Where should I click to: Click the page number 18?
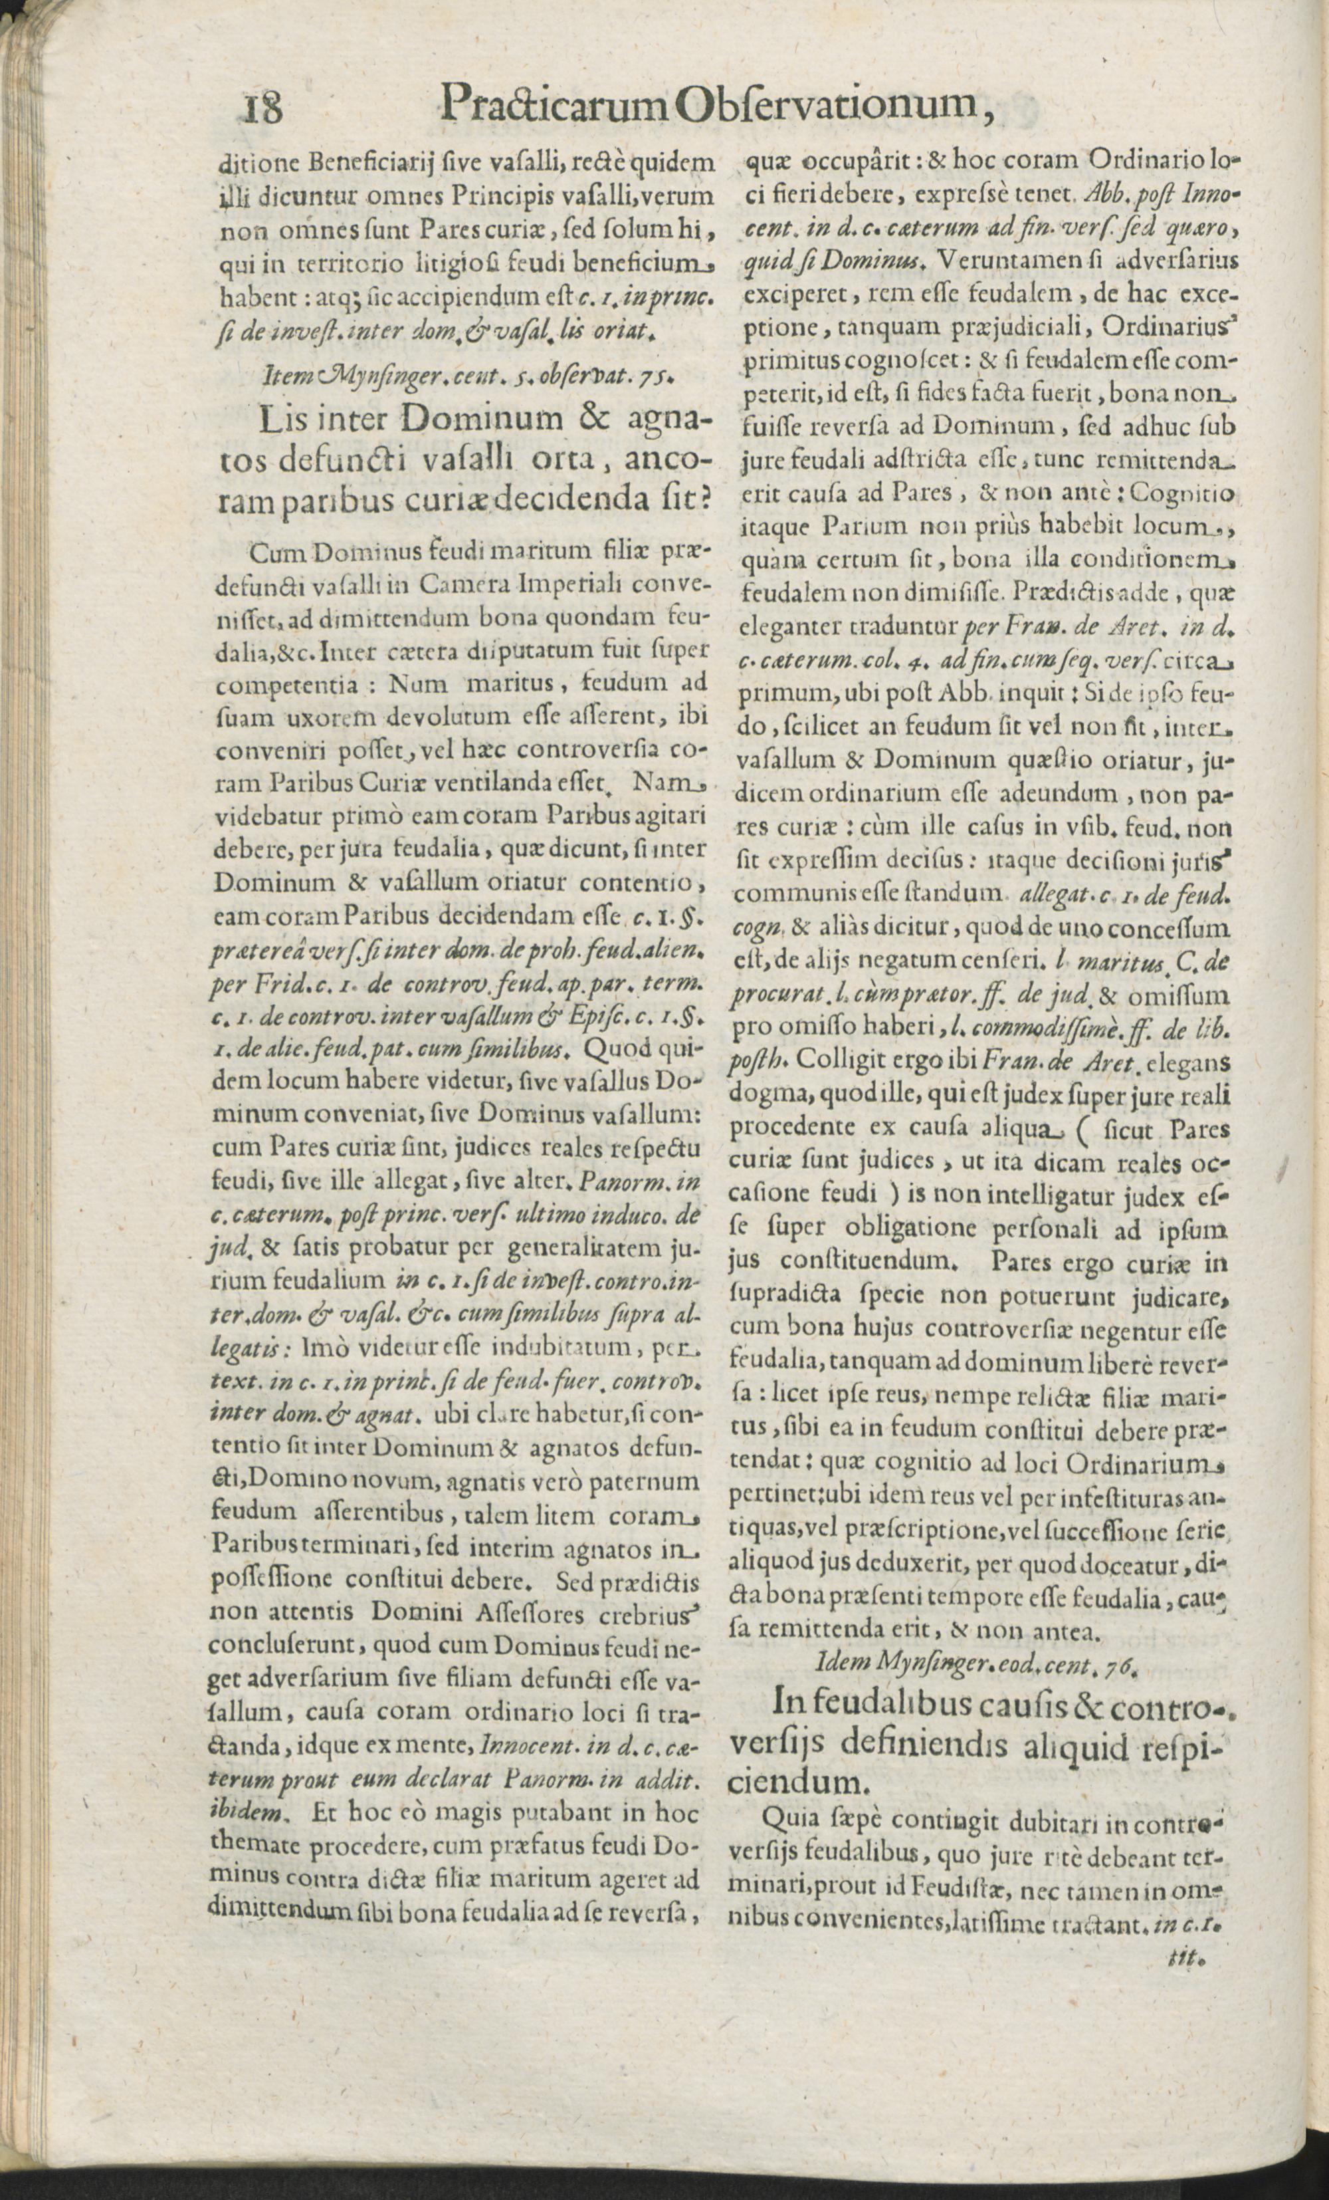262,109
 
